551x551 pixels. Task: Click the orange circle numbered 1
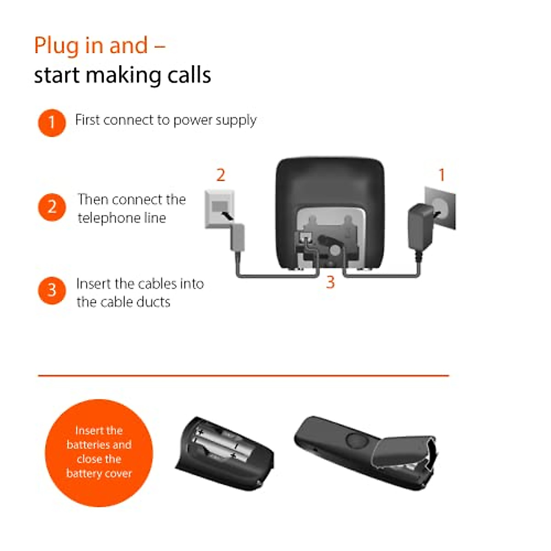[x=51, y=123]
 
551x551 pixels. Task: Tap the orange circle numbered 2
[x=51, y=207]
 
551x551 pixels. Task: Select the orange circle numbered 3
[x=51, y=290]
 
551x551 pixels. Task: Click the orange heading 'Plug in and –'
[x=100, y=46]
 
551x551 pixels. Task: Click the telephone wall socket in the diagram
[x=219, y=208]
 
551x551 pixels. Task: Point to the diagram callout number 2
[x=220, y=175]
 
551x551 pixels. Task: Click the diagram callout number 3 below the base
[x=330, y=282]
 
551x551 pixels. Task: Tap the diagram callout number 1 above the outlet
[x=441, y=175]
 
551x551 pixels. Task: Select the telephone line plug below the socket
[x=237, y=237]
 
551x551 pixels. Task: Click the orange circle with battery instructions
[x=99, y=453]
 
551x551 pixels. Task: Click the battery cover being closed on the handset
[x=404, y=452]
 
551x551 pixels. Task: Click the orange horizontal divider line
[x=243, y=376]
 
